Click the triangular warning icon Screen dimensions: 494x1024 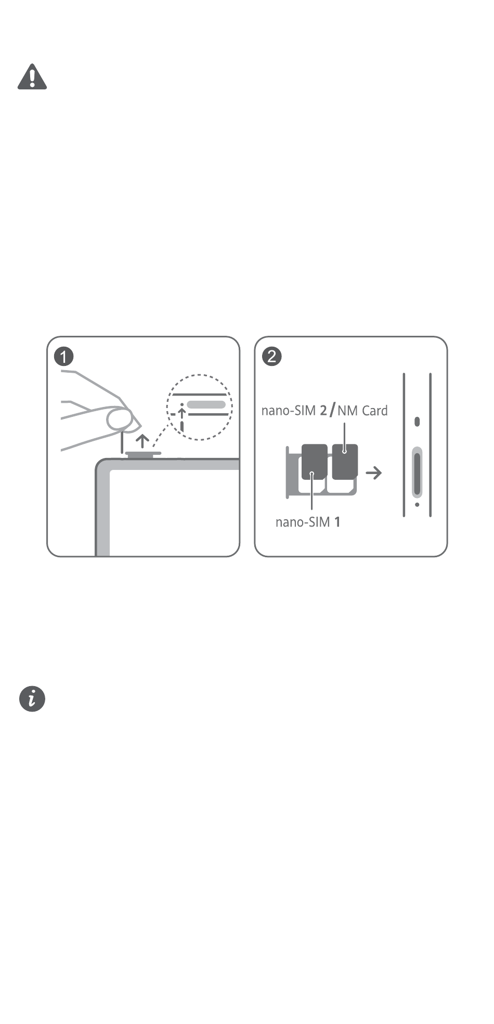(32, 77)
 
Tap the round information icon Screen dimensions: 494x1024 (32, 699)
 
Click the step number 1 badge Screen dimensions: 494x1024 (64, 357)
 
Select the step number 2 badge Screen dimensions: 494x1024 (272, 357)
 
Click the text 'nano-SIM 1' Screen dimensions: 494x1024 (308, 522)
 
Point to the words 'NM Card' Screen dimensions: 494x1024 (362, 411)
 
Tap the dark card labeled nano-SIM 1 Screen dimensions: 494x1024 (314, 462)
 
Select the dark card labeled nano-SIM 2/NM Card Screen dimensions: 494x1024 (345, 462)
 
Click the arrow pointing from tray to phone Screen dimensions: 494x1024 (373, 473)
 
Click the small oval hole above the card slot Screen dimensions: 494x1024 (417, 422)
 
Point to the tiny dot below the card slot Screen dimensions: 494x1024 (417, 504)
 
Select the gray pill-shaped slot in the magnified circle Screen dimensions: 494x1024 (206, 404)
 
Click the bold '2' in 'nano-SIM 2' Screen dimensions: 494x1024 (323, 411)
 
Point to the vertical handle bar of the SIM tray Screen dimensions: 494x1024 (287, 472)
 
